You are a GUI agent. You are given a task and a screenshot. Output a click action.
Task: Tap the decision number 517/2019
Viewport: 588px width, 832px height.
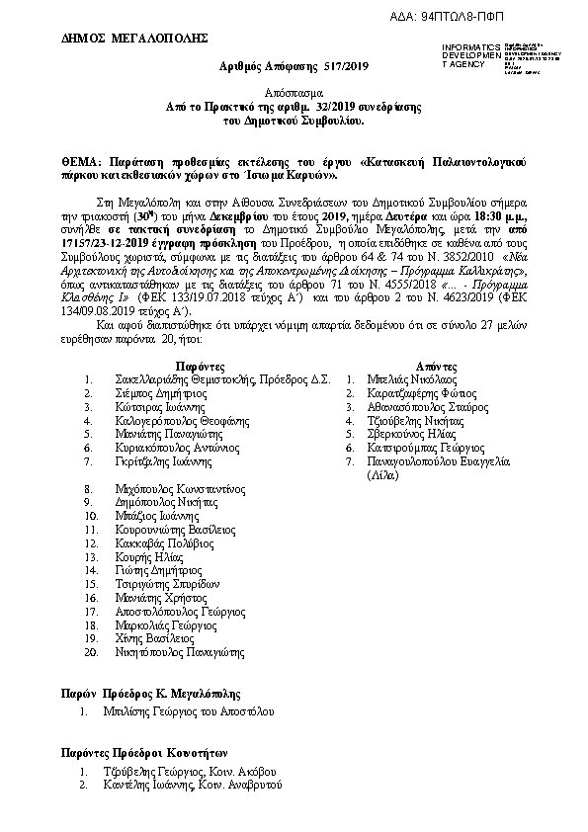[345, 66]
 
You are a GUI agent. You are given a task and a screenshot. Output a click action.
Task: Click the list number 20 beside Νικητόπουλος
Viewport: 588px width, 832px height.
[91, 652]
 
